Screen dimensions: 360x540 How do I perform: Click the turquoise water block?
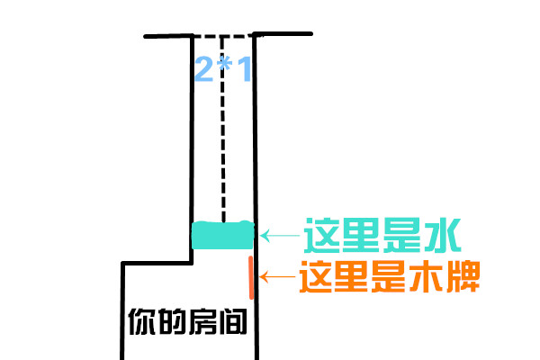point(223,236)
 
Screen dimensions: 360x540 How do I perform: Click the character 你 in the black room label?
point(140,321)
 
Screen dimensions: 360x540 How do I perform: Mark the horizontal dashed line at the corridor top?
point(223,37)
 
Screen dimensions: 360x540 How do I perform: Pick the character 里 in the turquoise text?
point(362,236)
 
